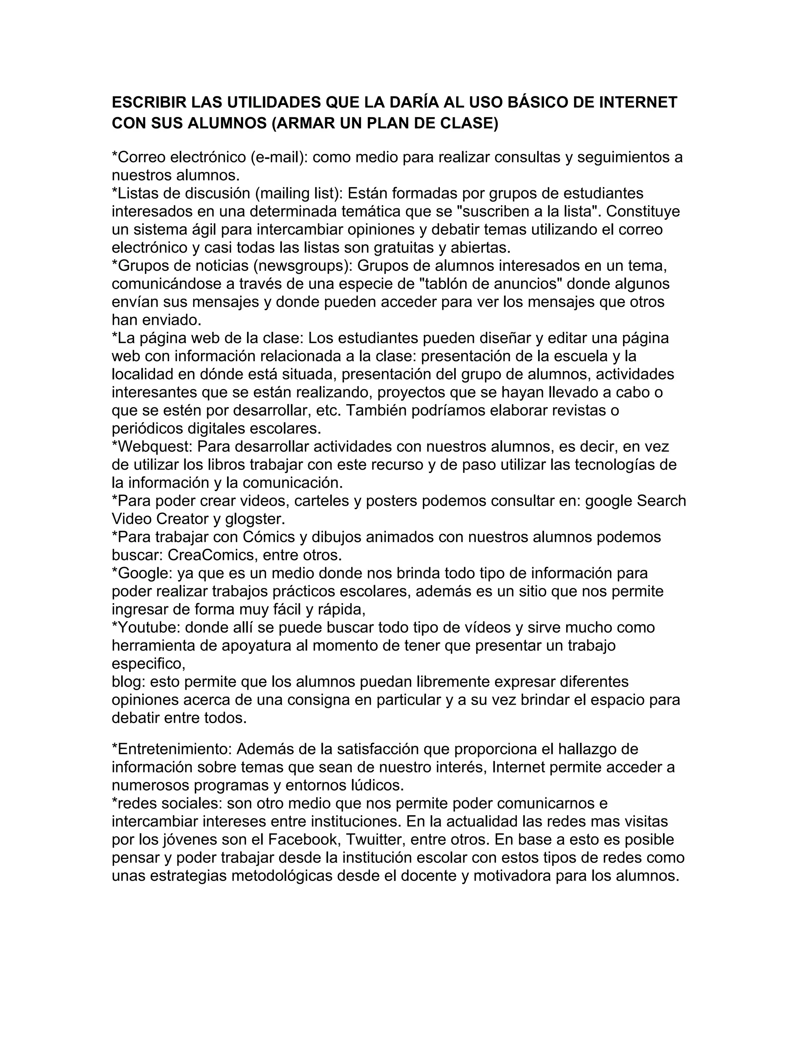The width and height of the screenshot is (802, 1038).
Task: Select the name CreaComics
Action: click(212, 555)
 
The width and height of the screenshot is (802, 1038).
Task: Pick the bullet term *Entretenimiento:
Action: click(172, 749)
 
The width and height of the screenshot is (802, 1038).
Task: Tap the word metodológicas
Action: click(282, 875)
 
